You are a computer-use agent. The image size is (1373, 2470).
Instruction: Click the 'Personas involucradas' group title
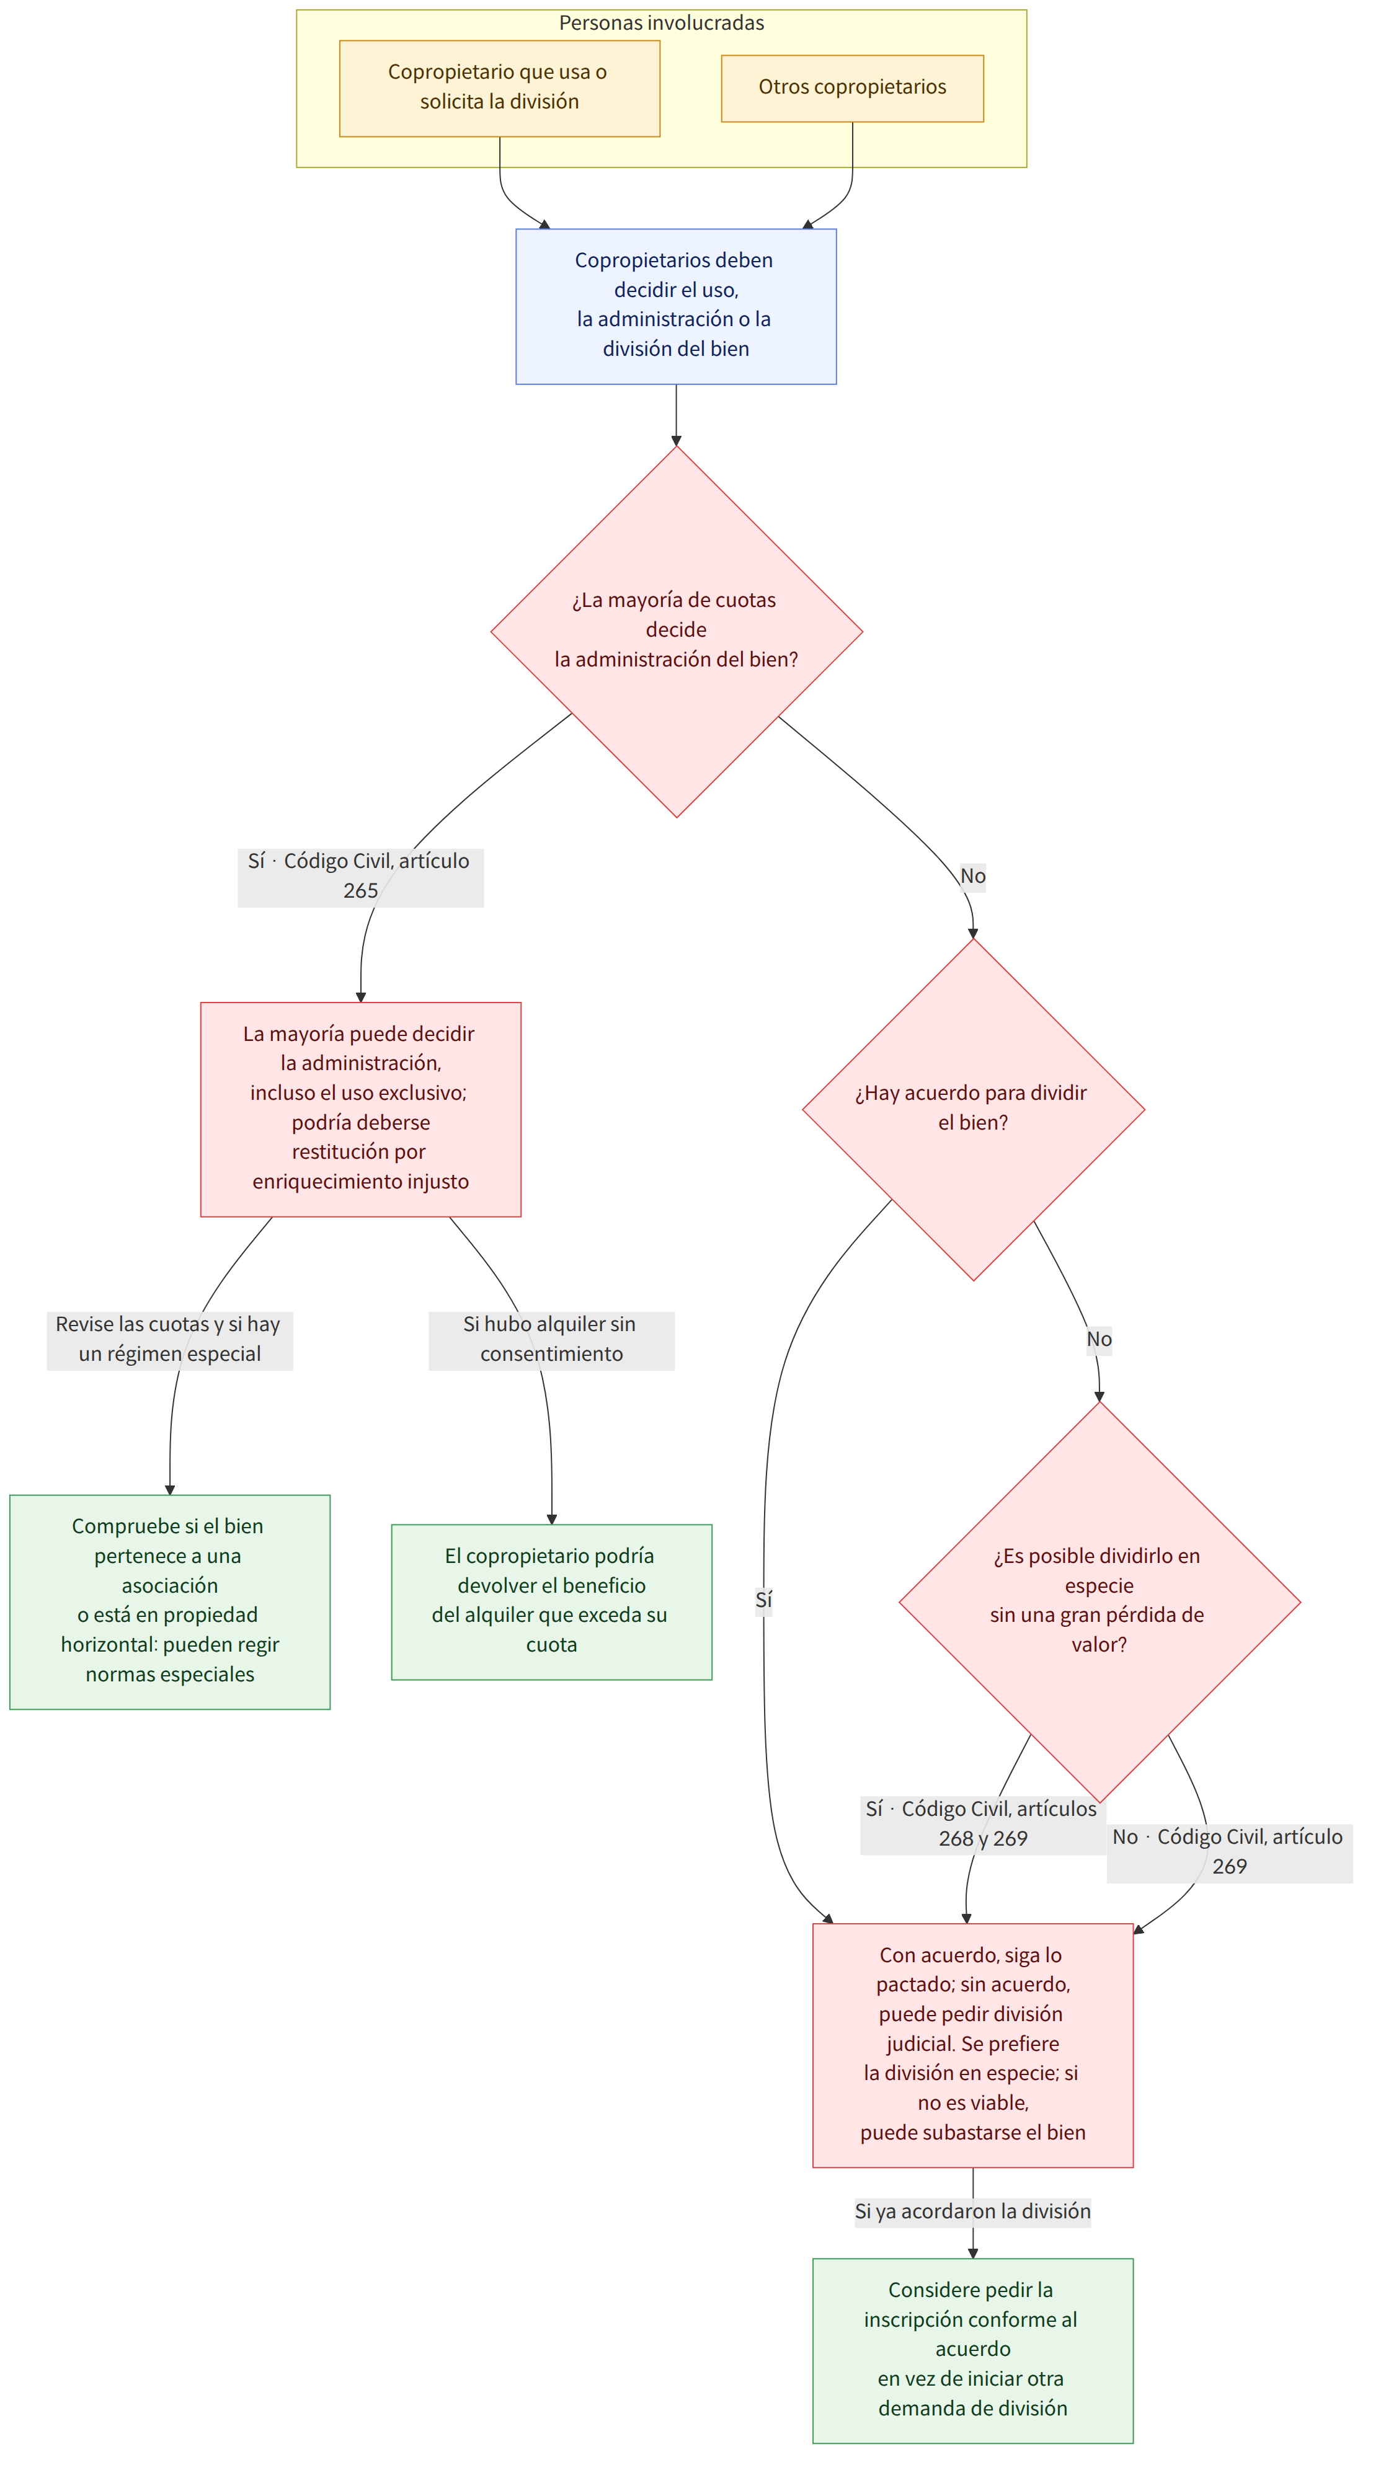[662, 23]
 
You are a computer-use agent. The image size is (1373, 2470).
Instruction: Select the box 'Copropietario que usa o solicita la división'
[500, 88]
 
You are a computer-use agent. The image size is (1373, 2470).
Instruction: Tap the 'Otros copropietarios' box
[852, 88]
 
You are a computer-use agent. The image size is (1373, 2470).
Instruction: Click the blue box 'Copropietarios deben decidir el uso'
[676, 307]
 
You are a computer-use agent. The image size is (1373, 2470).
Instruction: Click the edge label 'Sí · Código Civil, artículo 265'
[360, 877]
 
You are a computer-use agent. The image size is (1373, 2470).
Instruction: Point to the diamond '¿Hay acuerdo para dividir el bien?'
[973, 1109]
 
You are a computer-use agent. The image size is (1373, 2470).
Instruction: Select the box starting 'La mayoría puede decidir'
[360, 1109]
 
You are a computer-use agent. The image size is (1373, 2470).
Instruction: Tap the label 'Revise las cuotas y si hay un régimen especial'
[170, 1340]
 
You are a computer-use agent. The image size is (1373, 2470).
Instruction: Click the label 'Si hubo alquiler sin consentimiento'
[551, 1340]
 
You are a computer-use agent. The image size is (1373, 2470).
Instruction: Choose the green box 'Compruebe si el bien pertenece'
[170, 1601]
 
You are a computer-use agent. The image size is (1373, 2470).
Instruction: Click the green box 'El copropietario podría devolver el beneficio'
[551, 1601]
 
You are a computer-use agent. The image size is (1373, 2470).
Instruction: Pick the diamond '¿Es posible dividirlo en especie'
[1100, 1601]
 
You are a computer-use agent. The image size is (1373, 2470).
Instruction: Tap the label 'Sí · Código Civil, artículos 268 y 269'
[983, 1825]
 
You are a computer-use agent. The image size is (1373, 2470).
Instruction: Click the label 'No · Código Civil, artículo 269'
[1229, 1853]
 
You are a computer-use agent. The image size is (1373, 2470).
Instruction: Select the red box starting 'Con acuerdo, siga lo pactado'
[973, 2045]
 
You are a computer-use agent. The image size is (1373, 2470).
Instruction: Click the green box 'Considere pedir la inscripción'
[973, 2350]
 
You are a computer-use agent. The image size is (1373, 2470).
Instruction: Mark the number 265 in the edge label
[360, 892]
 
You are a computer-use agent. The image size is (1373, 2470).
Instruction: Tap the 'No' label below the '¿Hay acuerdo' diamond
[1100, 1340]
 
